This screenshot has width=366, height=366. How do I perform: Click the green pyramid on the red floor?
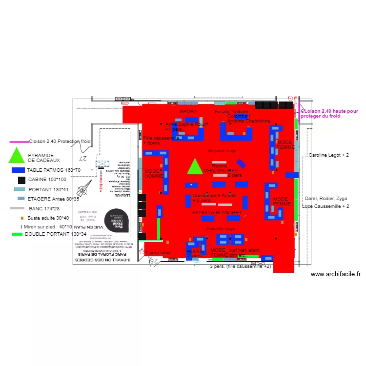tap(195, 167)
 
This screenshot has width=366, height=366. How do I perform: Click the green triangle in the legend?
tap(17, 156)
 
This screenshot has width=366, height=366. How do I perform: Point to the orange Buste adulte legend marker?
tap(22, 218)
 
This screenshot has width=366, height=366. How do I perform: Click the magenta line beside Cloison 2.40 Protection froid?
tap(19, 142)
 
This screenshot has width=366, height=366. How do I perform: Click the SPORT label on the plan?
tap(188, 112)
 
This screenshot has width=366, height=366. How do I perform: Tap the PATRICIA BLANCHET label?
tap(217, 213)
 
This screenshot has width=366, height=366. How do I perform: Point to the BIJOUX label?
tap(195, 251)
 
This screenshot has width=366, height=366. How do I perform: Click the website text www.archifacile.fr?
tap(336, 275)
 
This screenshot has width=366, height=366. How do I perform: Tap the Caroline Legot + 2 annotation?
tap(328, 155)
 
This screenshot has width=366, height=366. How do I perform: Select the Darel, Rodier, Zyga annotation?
tap(325, 199)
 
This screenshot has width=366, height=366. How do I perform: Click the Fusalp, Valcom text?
tap(231, 112)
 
